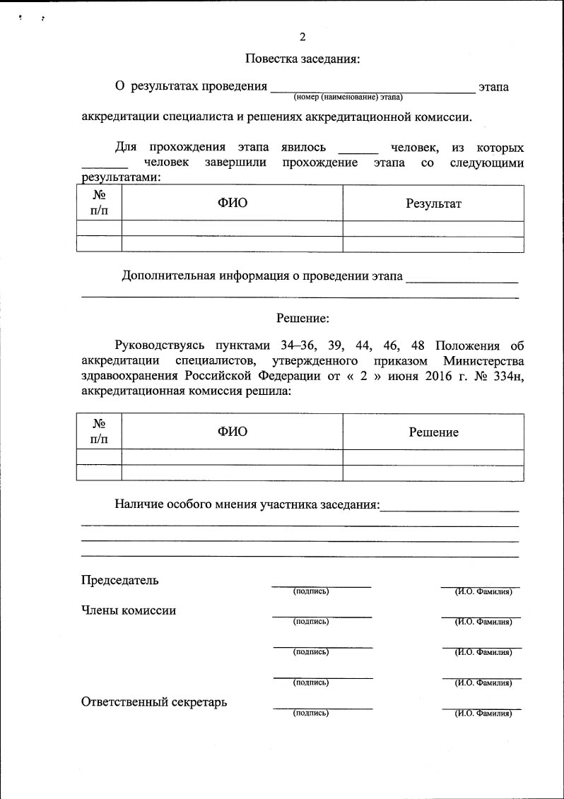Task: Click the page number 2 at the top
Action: (x=302, y=37)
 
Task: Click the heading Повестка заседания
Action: (x=302, y=59)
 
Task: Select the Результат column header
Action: (x=433, y=203)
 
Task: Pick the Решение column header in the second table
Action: (x=433, y=432)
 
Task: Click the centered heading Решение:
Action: (x=302, y=319)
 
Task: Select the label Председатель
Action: (x=119, y=581)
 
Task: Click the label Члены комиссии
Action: (x=129, y=611)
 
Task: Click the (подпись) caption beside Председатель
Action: (x=311, y=591)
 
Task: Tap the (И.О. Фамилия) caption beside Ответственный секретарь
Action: (x=483, y=714)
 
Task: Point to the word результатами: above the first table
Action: (x=121, y=178)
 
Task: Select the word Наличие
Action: (x=140, y=504)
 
